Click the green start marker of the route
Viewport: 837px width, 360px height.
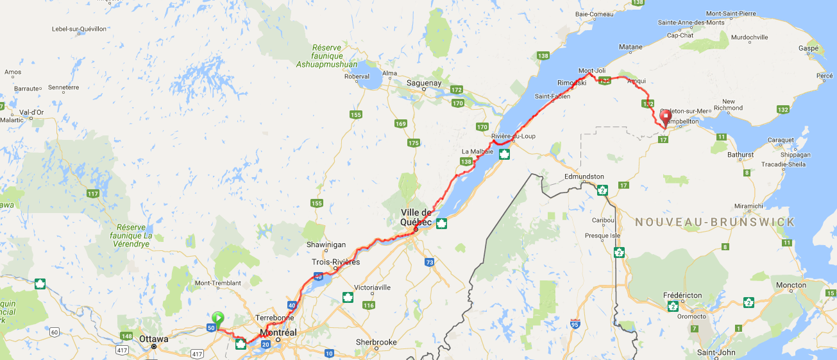[x=218, y=317]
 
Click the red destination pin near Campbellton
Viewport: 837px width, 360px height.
[x=665, y=117]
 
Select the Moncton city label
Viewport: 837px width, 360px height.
[x=791, y=285]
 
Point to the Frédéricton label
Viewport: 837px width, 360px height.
[x=682, y=295]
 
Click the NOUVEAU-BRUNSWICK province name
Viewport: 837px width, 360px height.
[x=714, y=222]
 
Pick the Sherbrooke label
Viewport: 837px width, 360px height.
[x=377, y=342]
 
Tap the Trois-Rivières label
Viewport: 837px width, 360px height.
[x=335, y=262]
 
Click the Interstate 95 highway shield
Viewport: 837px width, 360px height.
[x=575, y=325]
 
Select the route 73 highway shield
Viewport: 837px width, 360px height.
[x=429, y=262]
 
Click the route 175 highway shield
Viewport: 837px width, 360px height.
[x=414, y=142]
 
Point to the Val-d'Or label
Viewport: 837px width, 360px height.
[x=31, y=112]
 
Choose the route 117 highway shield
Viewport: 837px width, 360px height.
[x=94, y=194]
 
